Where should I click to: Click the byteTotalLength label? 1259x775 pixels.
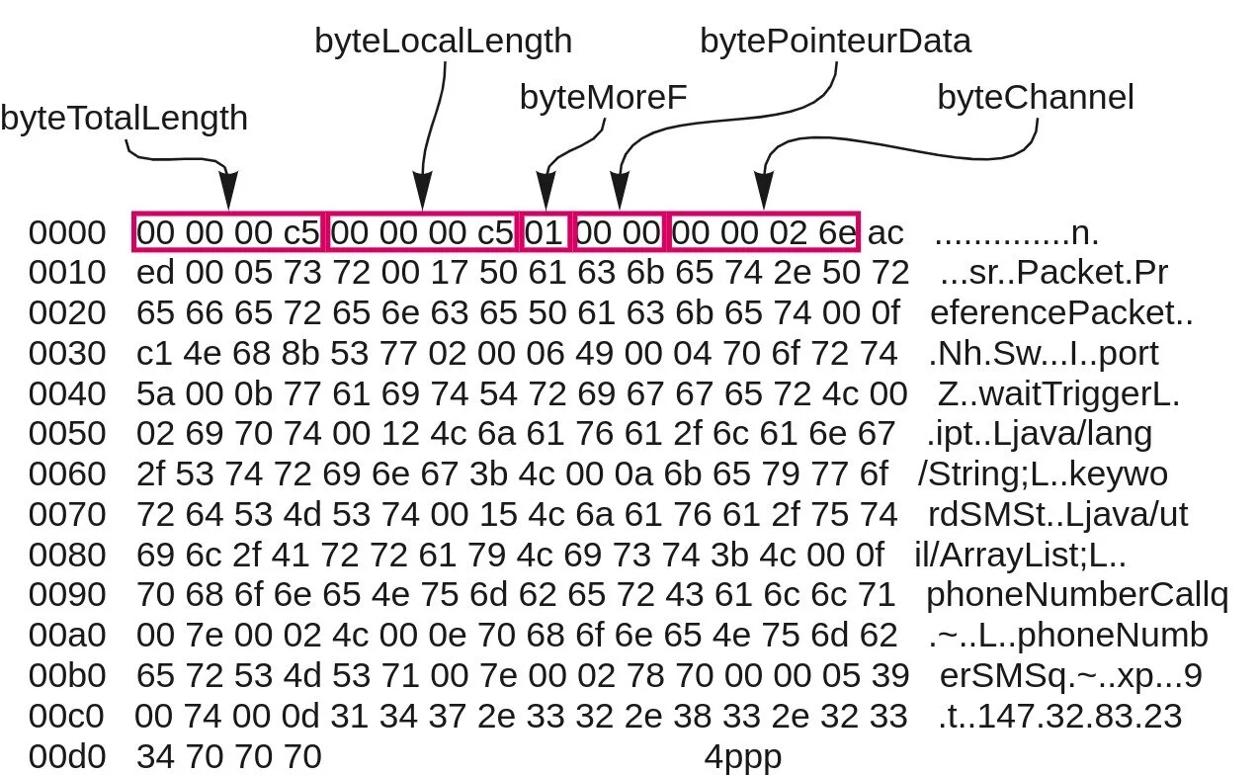click(124, 119)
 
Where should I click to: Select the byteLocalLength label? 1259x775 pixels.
click(443, 41)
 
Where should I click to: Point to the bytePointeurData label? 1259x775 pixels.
click(835, 41)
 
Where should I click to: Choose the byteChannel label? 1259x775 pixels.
click(1035, 98)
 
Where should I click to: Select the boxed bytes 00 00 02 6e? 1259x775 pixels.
click(765, 233)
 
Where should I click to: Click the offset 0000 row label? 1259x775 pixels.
click(66, 233)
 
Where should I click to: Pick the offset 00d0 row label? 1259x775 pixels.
click(66, 757)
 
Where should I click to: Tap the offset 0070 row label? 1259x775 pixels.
click(66, 514)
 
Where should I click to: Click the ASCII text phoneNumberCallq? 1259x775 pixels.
click(1076, 595)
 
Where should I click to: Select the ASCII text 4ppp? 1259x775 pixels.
click(742, 757)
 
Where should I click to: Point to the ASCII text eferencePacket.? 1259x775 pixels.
click(1061, 313)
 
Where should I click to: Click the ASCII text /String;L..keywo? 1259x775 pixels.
click(1042, 474)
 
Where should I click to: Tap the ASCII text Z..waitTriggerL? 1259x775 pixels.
click(1058, 393)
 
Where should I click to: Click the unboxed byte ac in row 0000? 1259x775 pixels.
click(885, 233)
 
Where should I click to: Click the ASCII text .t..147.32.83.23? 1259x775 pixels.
click(1059, 716)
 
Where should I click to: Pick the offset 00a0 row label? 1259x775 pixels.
click(66, 635)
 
